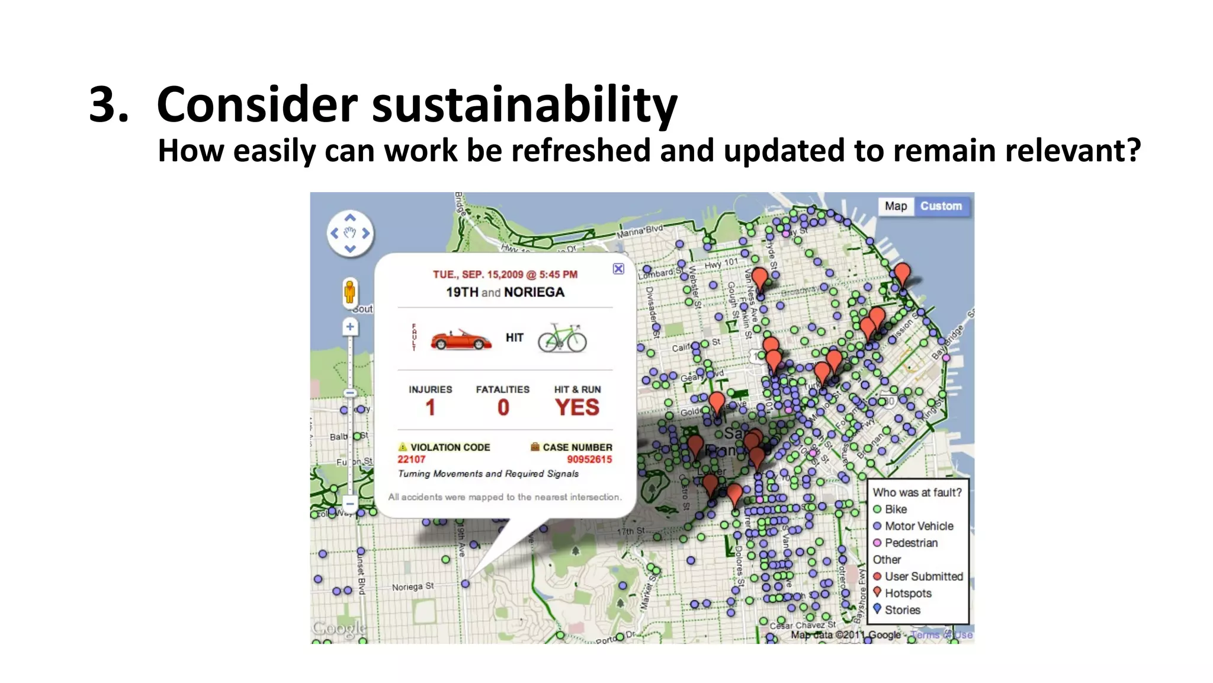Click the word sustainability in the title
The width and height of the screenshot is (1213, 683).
pyautogui.click(x=524, y=105)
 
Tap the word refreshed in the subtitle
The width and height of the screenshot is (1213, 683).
pyautogui.click(x=580, y=151)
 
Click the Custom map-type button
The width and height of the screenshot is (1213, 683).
pyautogui.click(x=941, y=206)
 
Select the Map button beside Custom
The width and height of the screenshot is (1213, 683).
pyautogui.click(x=896, y=206)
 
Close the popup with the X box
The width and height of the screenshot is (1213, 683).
pyautogui.click(x=618, y=269)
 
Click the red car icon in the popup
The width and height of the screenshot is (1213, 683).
pyautogui.click(x=461, y=340)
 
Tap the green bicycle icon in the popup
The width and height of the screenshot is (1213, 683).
pyautogui.click(x=562, y=339)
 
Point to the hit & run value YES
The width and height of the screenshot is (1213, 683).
pyautogui.click(x=577, y=408)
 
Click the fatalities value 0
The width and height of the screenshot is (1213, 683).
pyautogui.click(x=503, y=408)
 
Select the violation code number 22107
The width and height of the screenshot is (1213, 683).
pyautogui.click(x=411, y=459)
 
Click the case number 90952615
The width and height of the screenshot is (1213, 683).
pyautogui.click(x=589, y=459)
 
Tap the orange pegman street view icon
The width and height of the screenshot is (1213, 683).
pyautogui.click(x=350, y=292)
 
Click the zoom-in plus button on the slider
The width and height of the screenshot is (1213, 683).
pyautogui.click(x=350, y=327)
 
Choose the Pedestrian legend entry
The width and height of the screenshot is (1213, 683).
pyautogui.click(x=910, y=543)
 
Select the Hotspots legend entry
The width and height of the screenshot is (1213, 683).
pyautogui.click(x=907, y=593)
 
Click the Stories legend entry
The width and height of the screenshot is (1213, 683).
pyautogui.click(x=902, y=610)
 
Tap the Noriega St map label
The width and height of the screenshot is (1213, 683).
pyautogui.click(x=412, y=587)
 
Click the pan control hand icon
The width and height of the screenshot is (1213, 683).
pyautogui.click(x=350, y=233)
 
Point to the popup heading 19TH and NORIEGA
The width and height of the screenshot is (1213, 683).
pyautogui.click(x=505, y=292)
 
